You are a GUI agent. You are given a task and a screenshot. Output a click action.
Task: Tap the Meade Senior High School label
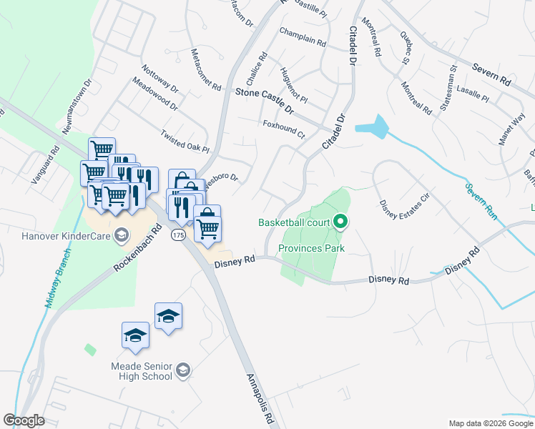141,370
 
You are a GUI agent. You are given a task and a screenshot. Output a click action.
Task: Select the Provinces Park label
311,249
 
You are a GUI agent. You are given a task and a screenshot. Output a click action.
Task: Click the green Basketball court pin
340,222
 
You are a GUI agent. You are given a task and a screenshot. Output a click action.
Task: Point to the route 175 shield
177,235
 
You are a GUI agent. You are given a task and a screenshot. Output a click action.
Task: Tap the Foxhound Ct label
284,129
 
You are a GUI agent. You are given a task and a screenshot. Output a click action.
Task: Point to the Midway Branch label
52,282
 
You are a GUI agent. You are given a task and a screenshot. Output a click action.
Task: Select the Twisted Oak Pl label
185,142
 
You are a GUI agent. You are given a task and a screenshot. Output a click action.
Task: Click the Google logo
24,420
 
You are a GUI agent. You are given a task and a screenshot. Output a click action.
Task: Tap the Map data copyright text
490,423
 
